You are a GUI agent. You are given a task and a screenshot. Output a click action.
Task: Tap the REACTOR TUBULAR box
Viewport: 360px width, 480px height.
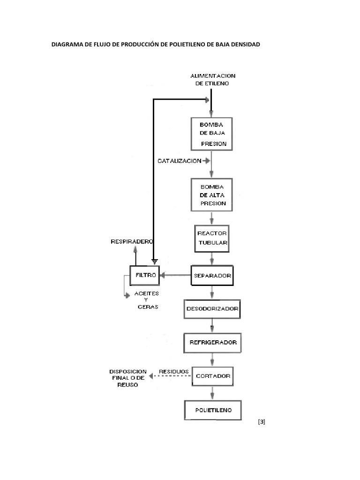pyautogui.click(x=213, y=239)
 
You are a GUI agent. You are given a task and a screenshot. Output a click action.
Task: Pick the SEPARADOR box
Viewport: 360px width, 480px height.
pyautogui.click(x=212, y=276)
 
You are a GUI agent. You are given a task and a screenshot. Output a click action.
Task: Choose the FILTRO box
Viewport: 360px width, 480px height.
pyautogui.click(x=144, y=275)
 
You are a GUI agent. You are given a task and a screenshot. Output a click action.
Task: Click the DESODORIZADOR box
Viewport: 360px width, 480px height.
pyautogui.click(x=213, y=309)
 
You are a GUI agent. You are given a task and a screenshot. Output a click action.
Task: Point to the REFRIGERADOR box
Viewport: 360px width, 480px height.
pyautogui.click(x=213, y=343)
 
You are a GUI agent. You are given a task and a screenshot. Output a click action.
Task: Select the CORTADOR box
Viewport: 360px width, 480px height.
pyautogui.click(x=213, y=375)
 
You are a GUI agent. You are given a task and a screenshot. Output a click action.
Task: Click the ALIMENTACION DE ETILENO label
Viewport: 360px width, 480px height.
pyautogui.click(x=213, y=79)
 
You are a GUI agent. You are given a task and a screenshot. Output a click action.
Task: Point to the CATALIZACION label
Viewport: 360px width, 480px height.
pyautogui.click(x=180, y=161)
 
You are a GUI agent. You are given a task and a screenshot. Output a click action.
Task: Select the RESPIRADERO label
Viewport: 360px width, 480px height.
pyautogui.click(x=132, y=242)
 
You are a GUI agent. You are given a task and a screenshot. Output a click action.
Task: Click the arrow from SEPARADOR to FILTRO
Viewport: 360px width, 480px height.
pyautogui.click(x=175, y=276)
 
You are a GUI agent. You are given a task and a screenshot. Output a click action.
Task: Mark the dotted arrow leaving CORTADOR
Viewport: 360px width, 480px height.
pyautogui.click(x=170, y=376)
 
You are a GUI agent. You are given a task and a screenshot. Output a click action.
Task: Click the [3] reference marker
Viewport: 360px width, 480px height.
pyautogui.click(x=262, y=422)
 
